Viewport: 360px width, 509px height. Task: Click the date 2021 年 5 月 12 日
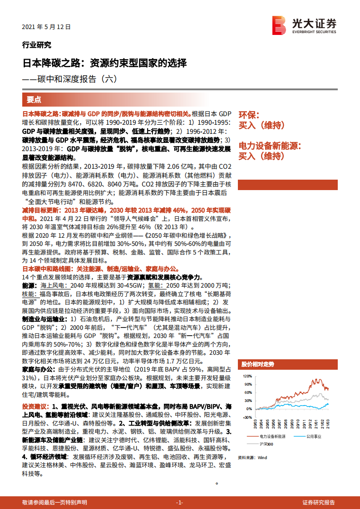[x=46, y=27]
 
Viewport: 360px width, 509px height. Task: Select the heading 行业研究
[x=36, y=44]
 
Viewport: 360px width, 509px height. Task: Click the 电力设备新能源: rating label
[x=270, y=146]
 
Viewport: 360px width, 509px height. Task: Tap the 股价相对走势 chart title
[x=258, y=364]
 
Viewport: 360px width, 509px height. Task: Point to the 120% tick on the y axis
[x=247, y=377]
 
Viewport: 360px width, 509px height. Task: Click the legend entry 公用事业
[x=313, y=436]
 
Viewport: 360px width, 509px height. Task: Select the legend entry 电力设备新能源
[x=272, y=436]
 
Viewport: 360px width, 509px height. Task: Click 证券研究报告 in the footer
[x=319, y=503]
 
